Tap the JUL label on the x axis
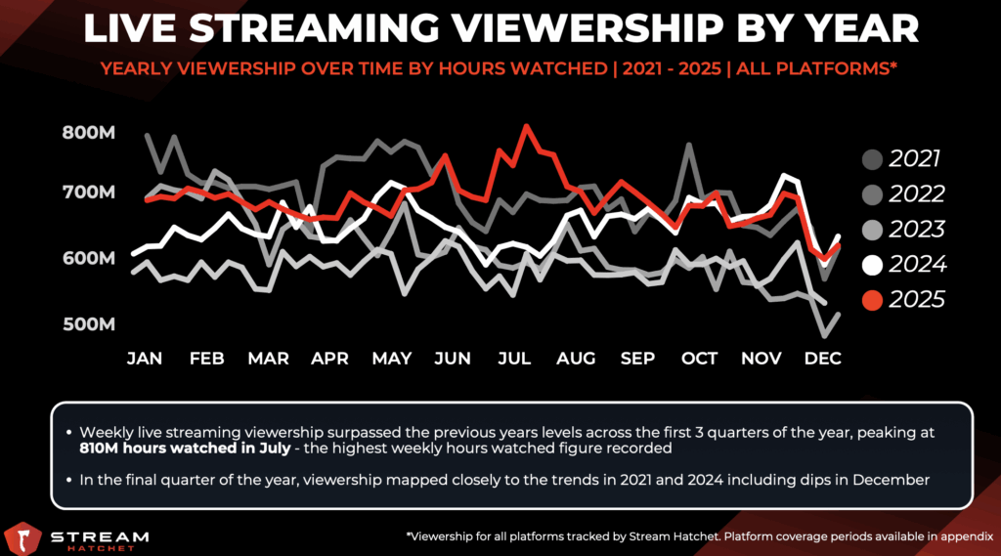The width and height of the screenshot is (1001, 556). point(514,359)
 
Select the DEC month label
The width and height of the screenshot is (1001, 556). point(823,359)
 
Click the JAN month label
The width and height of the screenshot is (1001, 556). point(145,359)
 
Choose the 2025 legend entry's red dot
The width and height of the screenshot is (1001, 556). point(873,299)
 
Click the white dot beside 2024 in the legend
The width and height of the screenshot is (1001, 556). point(873,264)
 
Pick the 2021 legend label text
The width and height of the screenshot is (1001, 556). point(917,159)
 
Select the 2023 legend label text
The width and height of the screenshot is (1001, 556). point(917,229)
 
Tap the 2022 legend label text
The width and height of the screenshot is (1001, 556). point(917,194)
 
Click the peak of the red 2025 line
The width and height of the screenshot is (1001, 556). point(528,126)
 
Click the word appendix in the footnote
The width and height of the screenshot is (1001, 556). point(962,536)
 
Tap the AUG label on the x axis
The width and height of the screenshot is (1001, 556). point(576,359)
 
